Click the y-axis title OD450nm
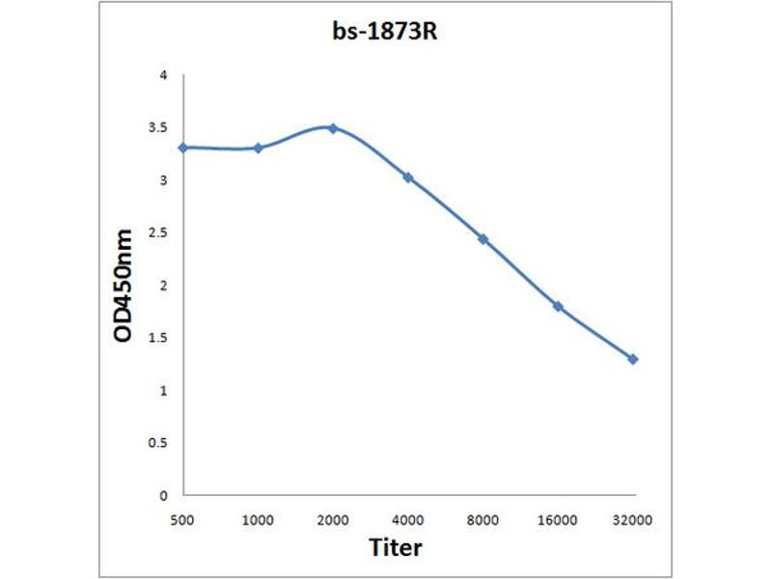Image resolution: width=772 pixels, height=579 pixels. pyautogui.click(x=123, y=287)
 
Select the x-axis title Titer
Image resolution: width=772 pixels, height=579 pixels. pyautogui.click(x=396, y=548)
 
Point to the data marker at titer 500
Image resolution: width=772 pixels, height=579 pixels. pyautogui.click(x=182, y=147)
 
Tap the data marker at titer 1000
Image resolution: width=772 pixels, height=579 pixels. pyautogui.click(x=258, y=148)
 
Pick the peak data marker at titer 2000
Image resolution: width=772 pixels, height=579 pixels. pyautogui.click(x=333, y=127)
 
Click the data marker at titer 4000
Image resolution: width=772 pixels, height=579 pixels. pyautogui.click(x=408, y=178)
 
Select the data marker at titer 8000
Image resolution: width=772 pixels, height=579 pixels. pyautogui.click(x=482, y=238)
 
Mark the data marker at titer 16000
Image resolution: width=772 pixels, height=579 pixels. pyautogui.click(x=558, y=306)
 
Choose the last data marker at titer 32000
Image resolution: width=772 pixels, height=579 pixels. pyautogui.click(x=633, y=359)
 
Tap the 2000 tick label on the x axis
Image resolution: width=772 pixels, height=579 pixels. pyautogui.click(x=333, y=520)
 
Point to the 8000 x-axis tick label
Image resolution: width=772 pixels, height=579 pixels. pyautogui.click(x=482, y=520)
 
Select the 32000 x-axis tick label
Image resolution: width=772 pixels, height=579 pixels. pyautogui.click(x=633, y=520)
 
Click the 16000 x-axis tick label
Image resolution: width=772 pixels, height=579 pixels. pyautogui.click(x=558, y=520)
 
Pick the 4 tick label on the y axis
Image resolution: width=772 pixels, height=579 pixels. pyautogui.click(x=163, y=75)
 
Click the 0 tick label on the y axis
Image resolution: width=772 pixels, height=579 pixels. pyautogui.click(x=163, y=496)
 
